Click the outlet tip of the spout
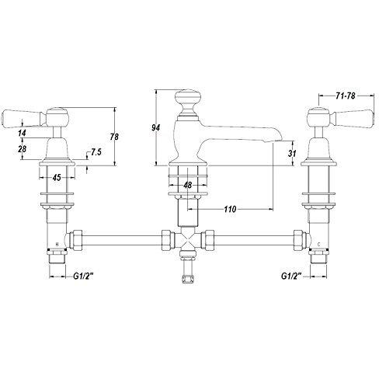coord(268,138)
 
